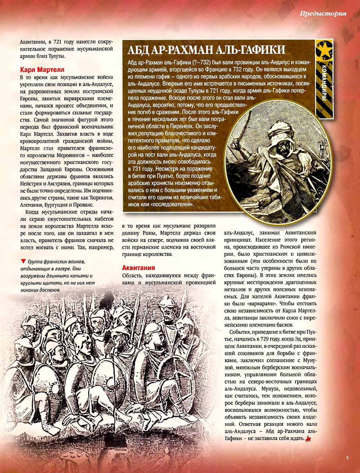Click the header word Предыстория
coord(323,14)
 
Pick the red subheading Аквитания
coord(138,268)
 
